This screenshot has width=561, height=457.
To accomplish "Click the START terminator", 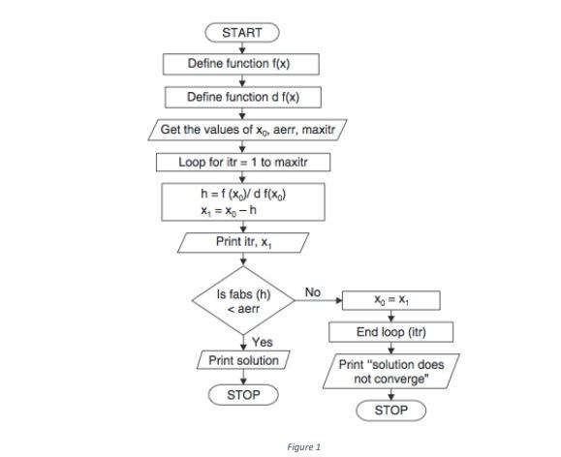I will [241, 33].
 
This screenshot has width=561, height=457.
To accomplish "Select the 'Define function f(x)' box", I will [241, 64].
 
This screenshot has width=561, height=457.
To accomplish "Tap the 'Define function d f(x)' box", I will [241, 97].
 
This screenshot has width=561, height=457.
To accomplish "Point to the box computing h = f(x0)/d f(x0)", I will [241, 201].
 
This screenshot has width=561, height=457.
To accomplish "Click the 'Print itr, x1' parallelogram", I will [243, 241].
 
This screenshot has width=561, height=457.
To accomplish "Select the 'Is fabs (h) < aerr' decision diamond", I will [242, 301].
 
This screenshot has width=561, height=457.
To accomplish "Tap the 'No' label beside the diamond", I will [312, 292].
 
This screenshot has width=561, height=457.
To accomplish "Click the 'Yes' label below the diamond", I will [262, 342].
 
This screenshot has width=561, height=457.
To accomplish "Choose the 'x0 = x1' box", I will [390, 300].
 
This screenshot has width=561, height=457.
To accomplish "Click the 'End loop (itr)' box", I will [390, 332].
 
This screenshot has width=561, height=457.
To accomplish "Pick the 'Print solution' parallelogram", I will [243, 360].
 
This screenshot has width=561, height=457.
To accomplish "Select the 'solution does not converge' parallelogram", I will [390, 371].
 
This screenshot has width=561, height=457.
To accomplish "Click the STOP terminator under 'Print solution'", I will [243, 395].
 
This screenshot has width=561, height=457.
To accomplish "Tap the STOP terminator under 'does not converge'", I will [390, 410].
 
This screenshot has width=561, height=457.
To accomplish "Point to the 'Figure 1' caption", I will [302, 446].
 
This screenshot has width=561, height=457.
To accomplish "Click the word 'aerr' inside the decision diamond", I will [249, 309].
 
